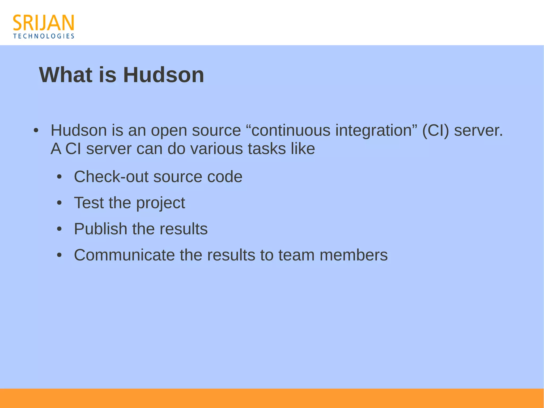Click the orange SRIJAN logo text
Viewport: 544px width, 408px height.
[43, 23]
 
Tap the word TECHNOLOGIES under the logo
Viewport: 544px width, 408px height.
[44, 36]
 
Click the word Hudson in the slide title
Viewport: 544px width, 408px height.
[163, 75]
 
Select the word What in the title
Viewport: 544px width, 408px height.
[66, 75]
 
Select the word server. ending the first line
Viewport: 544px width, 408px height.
[478, 131]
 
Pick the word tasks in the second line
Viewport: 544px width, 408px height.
[267, 149]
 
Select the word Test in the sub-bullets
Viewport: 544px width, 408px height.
[89, 203]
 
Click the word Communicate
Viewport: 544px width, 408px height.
[124, 255]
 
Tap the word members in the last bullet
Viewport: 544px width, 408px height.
[353, 255]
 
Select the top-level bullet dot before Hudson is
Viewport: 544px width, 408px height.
[36, 131]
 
